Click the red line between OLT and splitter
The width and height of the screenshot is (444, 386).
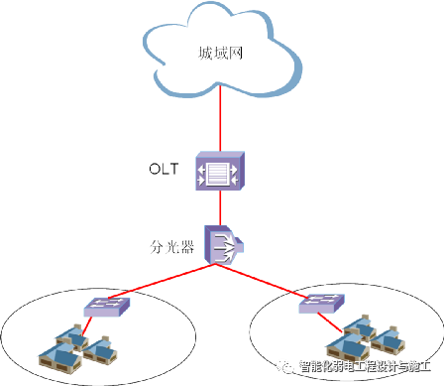pos(218,205)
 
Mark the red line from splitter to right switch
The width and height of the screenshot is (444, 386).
pos(268,279)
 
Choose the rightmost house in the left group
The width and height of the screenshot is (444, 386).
pos(99,348)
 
